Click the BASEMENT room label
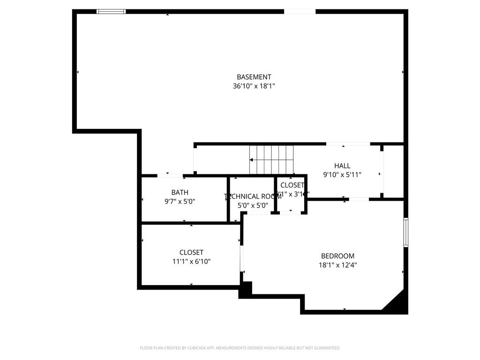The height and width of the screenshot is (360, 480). [x=254, y=77]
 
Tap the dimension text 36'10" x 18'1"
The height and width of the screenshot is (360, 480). [x=254, y=86]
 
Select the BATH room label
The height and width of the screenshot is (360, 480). [x=180, y=192]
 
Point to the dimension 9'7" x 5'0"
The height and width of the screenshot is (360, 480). [x=180, y=202]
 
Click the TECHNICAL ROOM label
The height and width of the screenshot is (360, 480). [x=253, y=196]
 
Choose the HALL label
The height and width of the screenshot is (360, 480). [x=342, y=165]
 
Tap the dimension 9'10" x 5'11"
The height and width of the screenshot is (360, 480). [x=342, y=174]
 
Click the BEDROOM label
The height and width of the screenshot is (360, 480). [x=337, y=256]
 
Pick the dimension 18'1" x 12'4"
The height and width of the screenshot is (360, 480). [x=337, y=265]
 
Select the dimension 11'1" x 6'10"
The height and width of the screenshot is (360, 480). [x=191, y=262]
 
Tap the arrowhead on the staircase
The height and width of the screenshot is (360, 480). [x=252, y=160]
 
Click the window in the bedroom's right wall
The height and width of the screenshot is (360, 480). [x=406, y=232]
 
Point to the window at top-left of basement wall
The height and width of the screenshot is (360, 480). [x=111, y=12]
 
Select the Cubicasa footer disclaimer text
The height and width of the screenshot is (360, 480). [x=240, y=348]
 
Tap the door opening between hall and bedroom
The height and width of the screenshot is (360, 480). [x=359, y=199]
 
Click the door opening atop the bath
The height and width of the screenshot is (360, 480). [x=170, y=176]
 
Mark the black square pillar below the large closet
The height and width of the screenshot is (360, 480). [x=246, y=290]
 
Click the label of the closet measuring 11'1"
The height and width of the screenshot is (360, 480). [x=191, y=252]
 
